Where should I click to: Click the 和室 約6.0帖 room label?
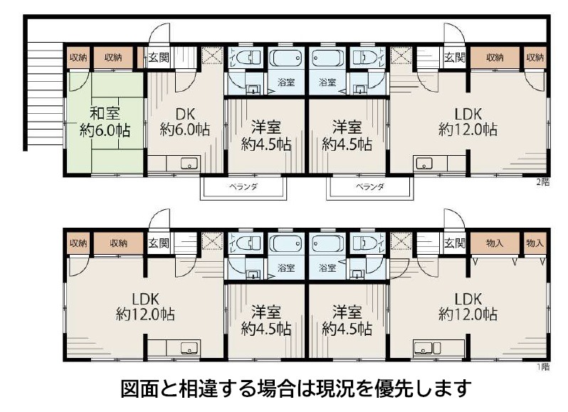click(x=105, y=122)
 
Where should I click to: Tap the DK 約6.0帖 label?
click(x=185, y=122)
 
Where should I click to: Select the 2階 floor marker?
click(x=543, y=182)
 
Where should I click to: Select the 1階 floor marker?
click(x=543, y=367)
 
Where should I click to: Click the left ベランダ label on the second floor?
click(x=243, y=187)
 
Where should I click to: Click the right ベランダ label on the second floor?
click(x=370, y=187)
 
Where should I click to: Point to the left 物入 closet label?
click(x=495, y=243)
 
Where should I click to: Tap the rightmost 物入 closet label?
click(x=535, y=243)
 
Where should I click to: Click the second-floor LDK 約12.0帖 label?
click(x=468, y=122)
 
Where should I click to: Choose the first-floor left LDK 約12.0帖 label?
click(x=145, y=306)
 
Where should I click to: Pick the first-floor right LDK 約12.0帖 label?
click(x=468, y=306)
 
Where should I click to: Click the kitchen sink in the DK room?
click(x=189, y=164)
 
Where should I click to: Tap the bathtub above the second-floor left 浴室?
click(x=287, y=57)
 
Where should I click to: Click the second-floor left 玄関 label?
click(x=159, y=57)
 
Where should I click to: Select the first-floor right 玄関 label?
click(x=455, y=243)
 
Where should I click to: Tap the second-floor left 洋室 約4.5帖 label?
click(x=266, y=137)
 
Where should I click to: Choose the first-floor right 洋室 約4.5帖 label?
click(x=347, y=321)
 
